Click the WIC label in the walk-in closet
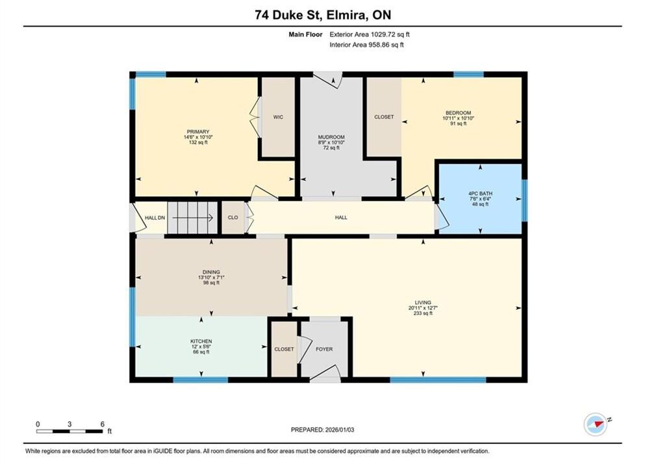[278, 117]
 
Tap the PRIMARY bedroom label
[198, 132]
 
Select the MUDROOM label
[331, 137]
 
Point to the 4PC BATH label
[480, 194]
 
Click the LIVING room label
[423, 302]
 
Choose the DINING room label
[211, 272]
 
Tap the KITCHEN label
[201, 341]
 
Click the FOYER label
[324, 349]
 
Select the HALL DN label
[155, 218]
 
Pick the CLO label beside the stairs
[233, 218]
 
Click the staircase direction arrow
[192, 218]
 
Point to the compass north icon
[595, 424]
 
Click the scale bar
[70, 432]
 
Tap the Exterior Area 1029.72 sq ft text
[370, 34]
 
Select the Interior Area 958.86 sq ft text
[366, 45]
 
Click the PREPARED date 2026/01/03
[340, 430]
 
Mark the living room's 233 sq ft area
[423, 313]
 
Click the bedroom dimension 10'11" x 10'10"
[458, 118]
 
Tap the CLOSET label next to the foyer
[285, 349]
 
